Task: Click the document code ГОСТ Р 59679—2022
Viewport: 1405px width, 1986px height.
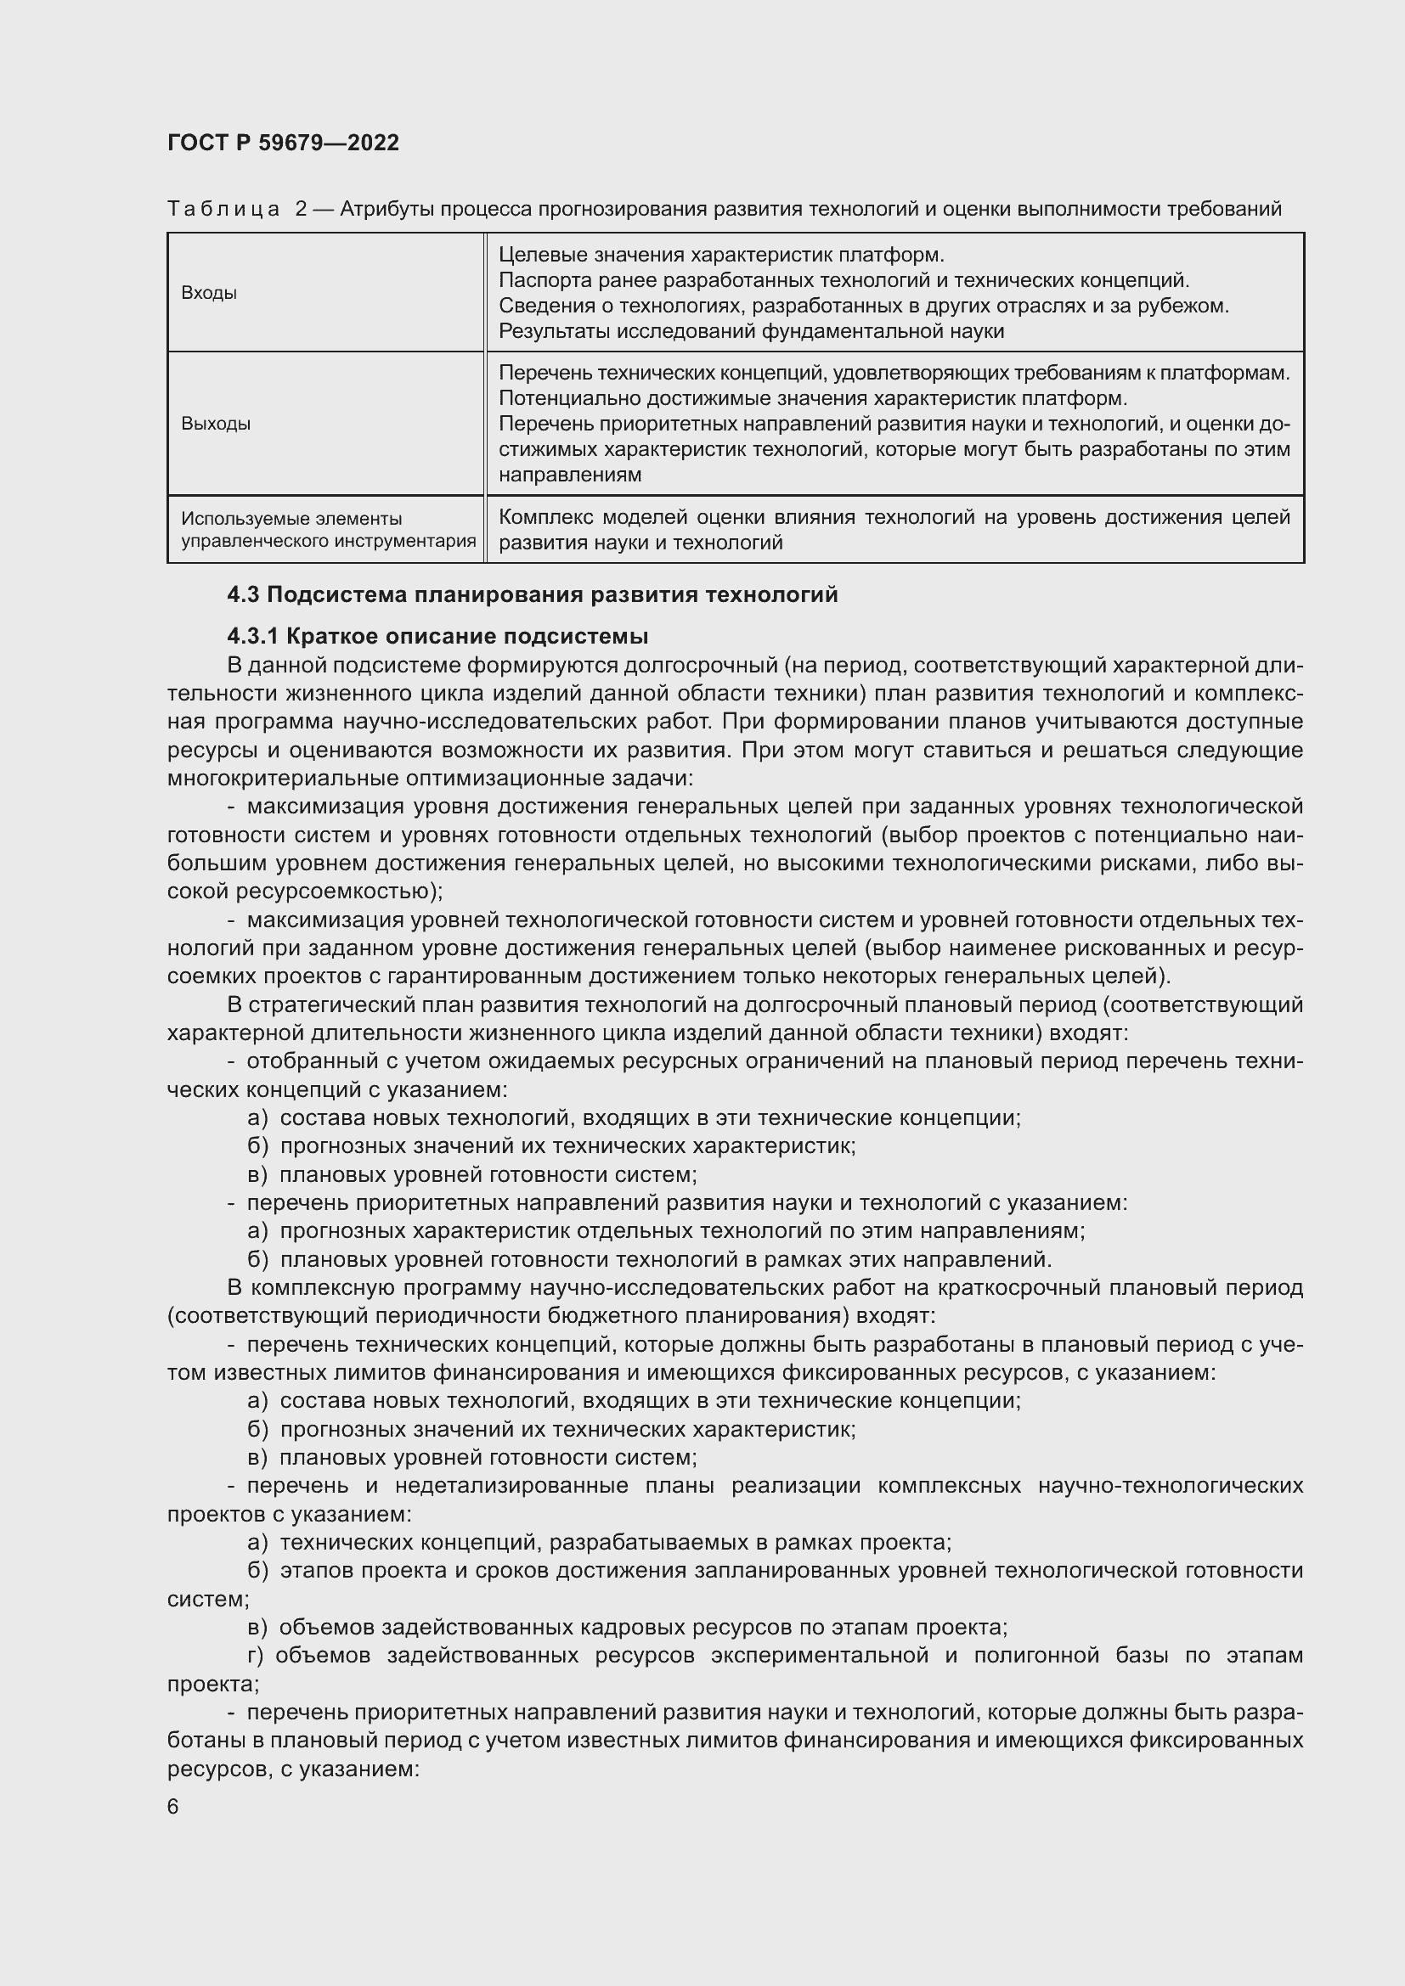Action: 283,143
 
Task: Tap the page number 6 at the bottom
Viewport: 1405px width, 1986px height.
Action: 173,1808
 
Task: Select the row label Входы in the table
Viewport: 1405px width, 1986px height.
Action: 208,293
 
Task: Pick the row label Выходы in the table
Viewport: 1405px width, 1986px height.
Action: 216,424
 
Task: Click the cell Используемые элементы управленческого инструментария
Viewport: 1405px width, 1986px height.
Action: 328,530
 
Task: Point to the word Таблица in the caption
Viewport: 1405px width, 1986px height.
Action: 223,210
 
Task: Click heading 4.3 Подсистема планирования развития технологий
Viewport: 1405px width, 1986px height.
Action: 532,595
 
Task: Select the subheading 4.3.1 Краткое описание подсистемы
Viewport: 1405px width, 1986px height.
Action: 437,637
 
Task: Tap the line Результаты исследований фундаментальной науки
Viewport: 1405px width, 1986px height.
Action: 751,331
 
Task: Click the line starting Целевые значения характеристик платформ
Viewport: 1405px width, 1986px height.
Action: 721,256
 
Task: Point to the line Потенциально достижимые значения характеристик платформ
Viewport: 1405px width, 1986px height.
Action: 813,399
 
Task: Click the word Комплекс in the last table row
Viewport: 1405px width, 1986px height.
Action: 544,517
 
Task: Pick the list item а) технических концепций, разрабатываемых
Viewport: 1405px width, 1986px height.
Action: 599,1542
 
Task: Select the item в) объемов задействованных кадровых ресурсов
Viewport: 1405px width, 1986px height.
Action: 627,1627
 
